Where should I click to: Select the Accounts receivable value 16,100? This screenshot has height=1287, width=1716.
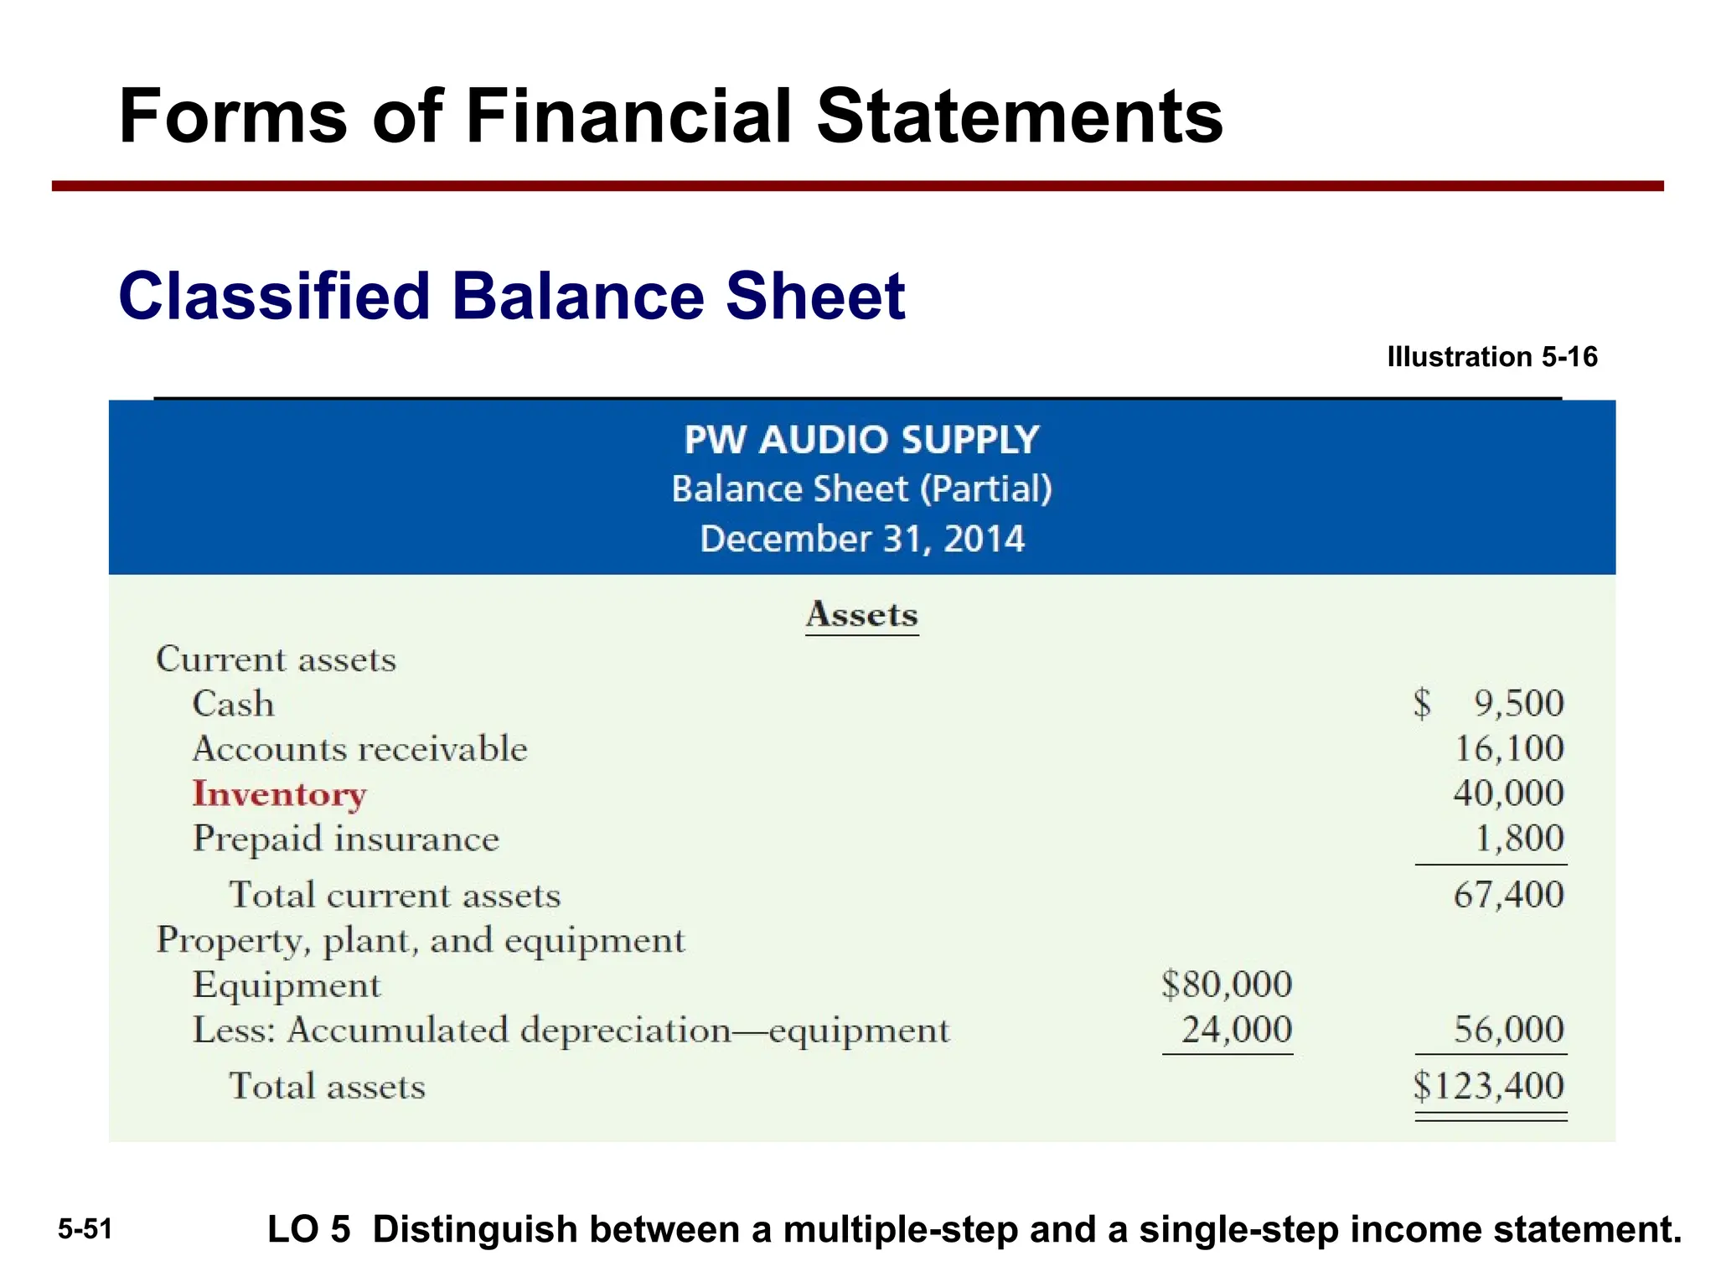(1509, 748)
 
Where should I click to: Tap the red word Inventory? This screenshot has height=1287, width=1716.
(279, 793)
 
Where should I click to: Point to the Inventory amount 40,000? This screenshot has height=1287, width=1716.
(1508, 793)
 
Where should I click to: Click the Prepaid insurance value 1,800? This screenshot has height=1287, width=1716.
(1519, 838)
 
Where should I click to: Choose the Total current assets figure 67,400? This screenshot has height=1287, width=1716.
(1508, 895)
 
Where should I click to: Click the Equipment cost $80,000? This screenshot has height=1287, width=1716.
(1227, 984)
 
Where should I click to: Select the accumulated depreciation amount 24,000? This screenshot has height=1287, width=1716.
(1237, 1029)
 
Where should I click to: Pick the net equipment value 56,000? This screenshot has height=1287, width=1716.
(1508, 1029)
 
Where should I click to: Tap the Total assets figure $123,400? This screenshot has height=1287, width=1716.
(1489, 1086)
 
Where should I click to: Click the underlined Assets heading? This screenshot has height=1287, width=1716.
(861, 615)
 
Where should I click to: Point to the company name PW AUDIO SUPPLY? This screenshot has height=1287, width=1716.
(861, 440)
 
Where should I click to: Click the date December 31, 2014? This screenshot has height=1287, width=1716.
(861, 539)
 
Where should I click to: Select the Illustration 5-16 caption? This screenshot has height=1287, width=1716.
(1492, 357)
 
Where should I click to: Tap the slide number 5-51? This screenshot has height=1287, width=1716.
(85, 1229)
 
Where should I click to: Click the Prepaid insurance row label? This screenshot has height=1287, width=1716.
(345, 839)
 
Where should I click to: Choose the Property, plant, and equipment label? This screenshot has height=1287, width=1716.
(421, 940)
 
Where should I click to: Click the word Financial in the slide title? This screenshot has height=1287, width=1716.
(628, 116)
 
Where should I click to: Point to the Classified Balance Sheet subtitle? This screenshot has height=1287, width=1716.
(511, 296)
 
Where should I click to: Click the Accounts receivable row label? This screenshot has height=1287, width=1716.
(359, 748)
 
